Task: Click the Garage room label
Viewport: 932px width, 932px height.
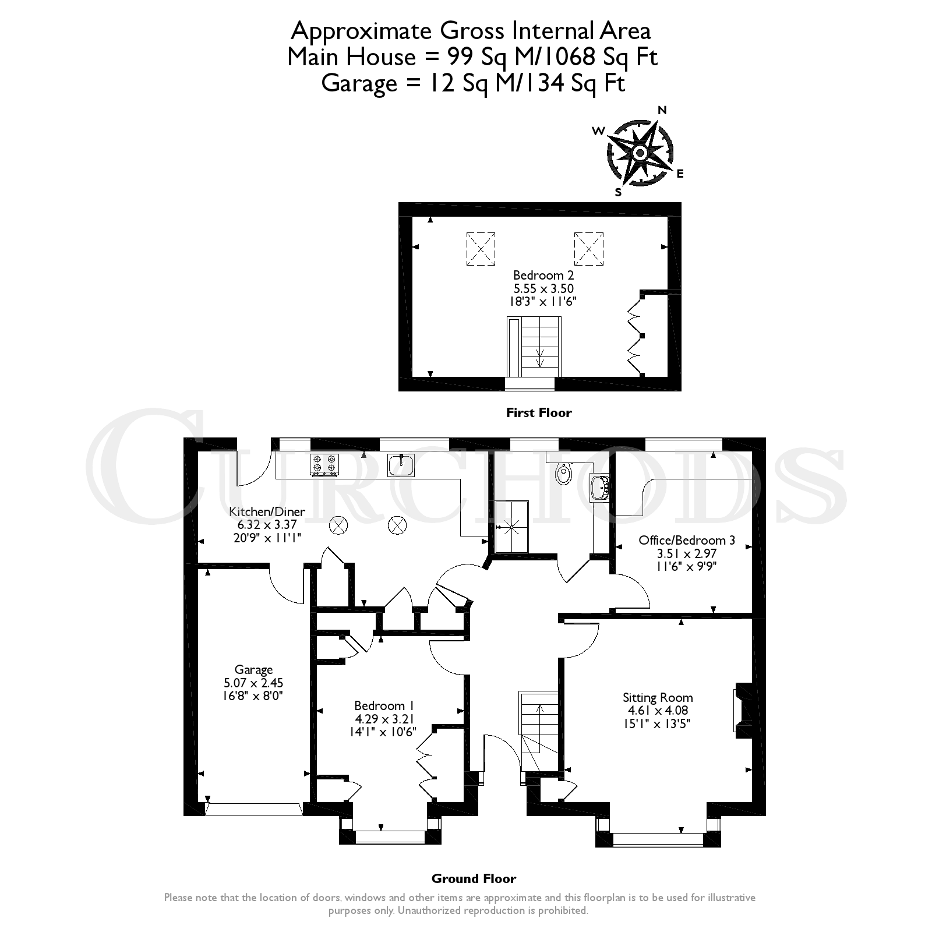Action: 253,670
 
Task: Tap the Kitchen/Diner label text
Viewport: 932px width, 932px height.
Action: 267,512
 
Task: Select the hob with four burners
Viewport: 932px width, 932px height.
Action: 325,465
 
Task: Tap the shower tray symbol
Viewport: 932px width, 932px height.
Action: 511,527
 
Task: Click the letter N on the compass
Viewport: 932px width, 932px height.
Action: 662,110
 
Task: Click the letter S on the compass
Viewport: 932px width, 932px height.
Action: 618,193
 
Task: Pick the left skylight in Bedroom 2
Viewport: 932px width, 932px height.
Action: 481,249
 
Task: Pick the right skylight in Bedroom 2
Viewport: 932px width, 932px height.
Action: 588,249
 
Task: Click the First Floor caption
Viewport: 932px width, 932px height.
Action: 539,413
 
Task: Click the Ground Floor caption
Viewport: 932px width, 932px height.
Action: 474,878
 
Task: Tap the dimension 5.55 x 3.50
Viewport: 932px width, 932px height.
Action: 543,288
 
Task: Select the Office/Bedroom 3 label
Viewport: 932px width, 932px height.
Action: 687,540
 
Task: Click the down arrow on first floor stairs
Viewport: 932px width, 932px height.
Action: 540,358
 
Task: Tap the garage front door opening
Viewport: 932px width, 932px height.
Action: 253,809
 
